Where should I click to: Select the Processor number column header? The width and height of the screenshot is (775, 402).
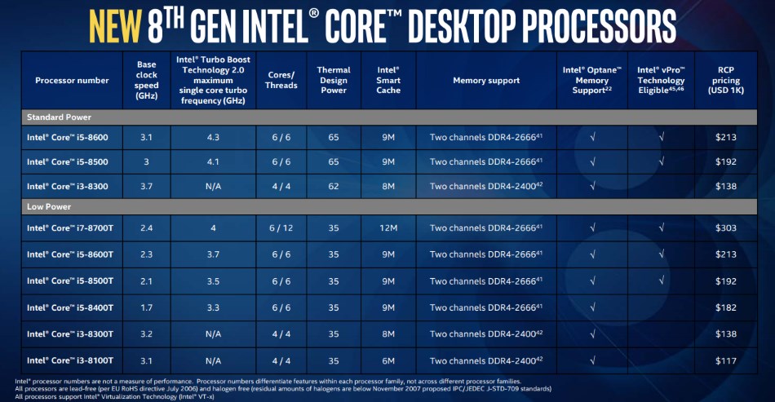coord(72,81)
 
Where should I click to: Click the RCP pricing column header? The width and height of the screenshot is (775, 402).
coord(725,81)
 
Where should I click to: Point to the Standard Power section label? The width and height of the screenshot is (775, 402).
coord(60,117)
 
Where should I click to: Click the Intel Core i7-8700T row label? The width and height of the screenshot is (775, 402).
coord(69,228)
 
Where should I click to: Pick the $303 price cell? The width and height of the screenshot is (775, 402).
coord(725,228)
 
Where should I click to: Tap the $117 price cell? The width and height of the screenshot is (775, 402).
coord(725,360)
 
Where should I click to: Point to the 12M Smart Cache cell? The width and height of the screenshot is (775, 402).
coord(389,228)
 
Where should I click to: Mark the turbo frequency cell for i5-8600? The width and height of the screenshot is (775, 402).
coord(212,137)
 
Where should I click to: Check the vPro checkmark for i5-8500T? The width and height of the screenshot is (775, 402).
coord(661,281)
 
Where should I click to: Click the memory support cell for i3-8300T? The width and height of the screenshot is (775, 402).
coord(486,334)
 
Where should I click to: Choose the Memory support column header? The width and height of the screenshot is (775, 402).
coord(486,81)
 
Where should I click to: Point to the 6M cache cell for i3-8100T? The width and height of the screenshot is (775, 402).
coord(389,360)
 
